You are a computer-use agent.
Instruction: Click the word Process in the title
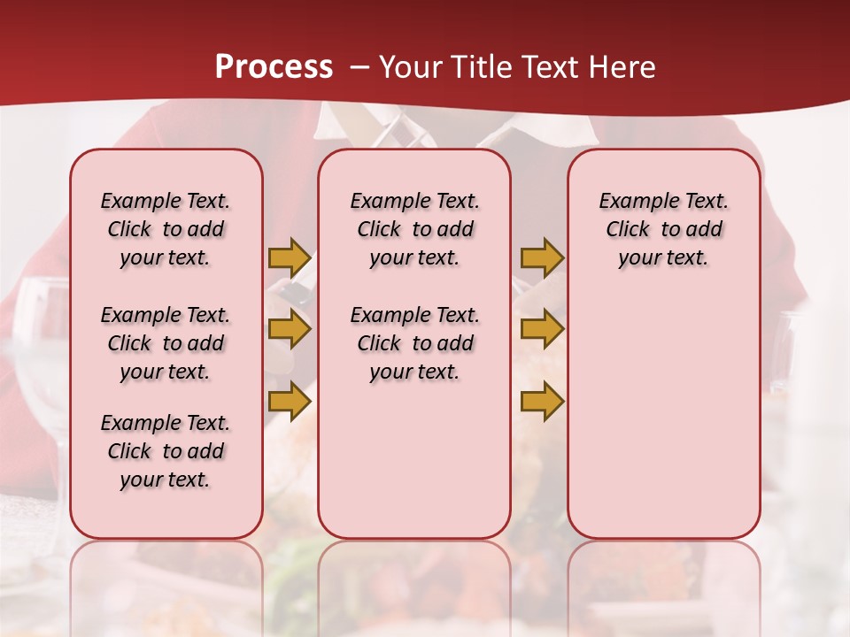coord(274,67)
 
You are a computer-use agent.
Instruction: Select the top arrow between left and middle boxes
coord(290,257)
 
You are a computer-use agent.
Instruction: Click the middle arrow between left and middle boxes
coord(290,329)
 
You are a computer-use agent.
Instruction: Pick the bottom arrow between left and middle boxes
coord(290,402)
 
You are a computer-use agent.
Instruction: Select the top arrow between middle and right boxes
coord(542,257)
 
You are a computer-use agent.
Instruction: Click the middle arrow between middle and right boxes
coord(542,329)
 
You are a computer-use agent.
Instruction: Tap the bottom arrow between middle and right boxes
coord(542,402)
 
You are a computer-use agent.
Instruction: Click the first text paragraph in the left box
coord(166,229)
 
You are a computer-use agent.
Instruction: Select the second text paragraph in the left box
coord(166,343)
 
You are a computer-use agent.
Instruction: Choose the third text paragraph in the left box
coord(166,451)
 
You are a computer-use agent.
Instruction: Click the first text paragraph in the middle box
coord(415,229)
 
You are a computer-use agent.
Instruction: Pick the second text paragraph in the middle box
coord(415,343)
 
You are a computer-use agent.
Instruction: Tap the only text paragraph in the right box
coord(664,229)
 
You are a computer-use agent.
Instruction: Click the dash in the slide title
coord(359,67)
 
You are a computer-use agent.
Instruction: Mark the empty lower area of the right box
coord(664,416)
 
